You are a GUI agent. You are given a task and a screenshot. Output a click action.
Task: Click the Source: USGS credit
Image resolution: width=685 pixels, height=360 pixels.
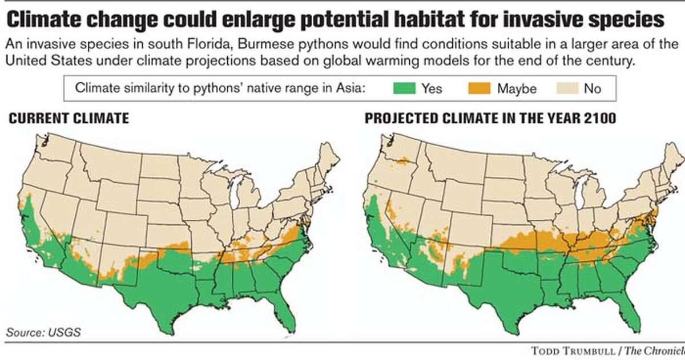(x=43, y=332)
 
